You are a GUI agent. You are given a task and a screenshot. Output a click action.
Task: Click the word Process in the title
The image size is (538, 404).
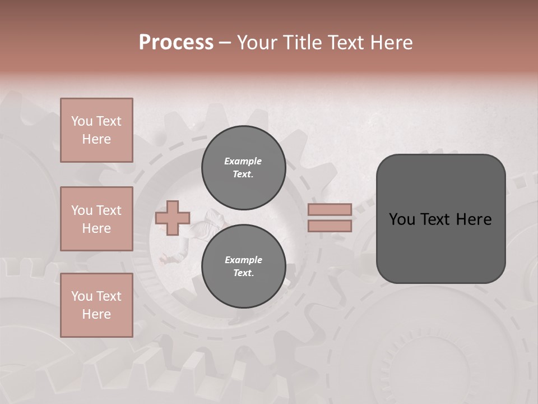[176, 43]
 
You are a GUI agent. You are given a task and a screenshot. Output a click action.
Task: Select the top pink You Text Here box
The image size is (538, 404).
[96, 130]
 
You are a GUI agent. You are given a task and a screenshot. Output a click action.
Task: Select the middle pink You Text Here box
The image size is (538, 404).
[96, 219]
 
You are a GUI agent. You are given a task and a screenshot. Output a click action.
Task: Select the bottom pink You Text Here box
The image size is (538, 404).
[96, 305]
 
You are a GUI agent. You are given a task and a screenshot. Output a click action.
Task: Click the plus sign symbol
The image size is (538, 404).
[172, 218]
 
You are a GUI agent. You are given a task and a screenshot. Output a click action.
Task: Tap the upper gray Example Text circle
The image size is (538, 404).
[243, 168]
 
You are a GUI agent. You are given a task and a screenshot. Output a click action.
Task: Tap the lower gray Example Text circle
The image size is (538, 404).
[243, 266]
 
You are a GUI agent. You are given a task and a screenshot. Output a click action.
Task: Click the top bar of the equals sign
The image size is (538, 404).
[330, 209]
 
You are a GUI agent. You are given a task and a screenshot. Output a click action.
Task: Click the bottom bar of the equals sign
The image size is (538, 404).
[330, 226]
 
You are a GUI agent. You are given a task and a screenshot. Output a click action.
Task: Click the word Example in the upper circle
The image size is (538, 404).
[243, 161]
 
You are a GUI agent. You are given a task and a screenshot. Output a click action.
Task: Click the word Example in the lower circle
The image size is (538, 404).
[243, 260]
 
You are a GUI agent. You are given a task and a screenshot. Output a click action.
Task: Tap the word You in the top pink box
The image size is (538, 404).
[82, 121]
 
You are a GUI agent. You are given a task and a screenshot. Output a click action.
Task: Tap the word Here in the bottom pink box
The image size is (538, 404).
[96, 314]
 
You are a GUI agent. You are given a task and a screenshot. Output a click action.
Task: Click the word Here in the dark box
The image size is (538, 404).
[474, 219]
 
